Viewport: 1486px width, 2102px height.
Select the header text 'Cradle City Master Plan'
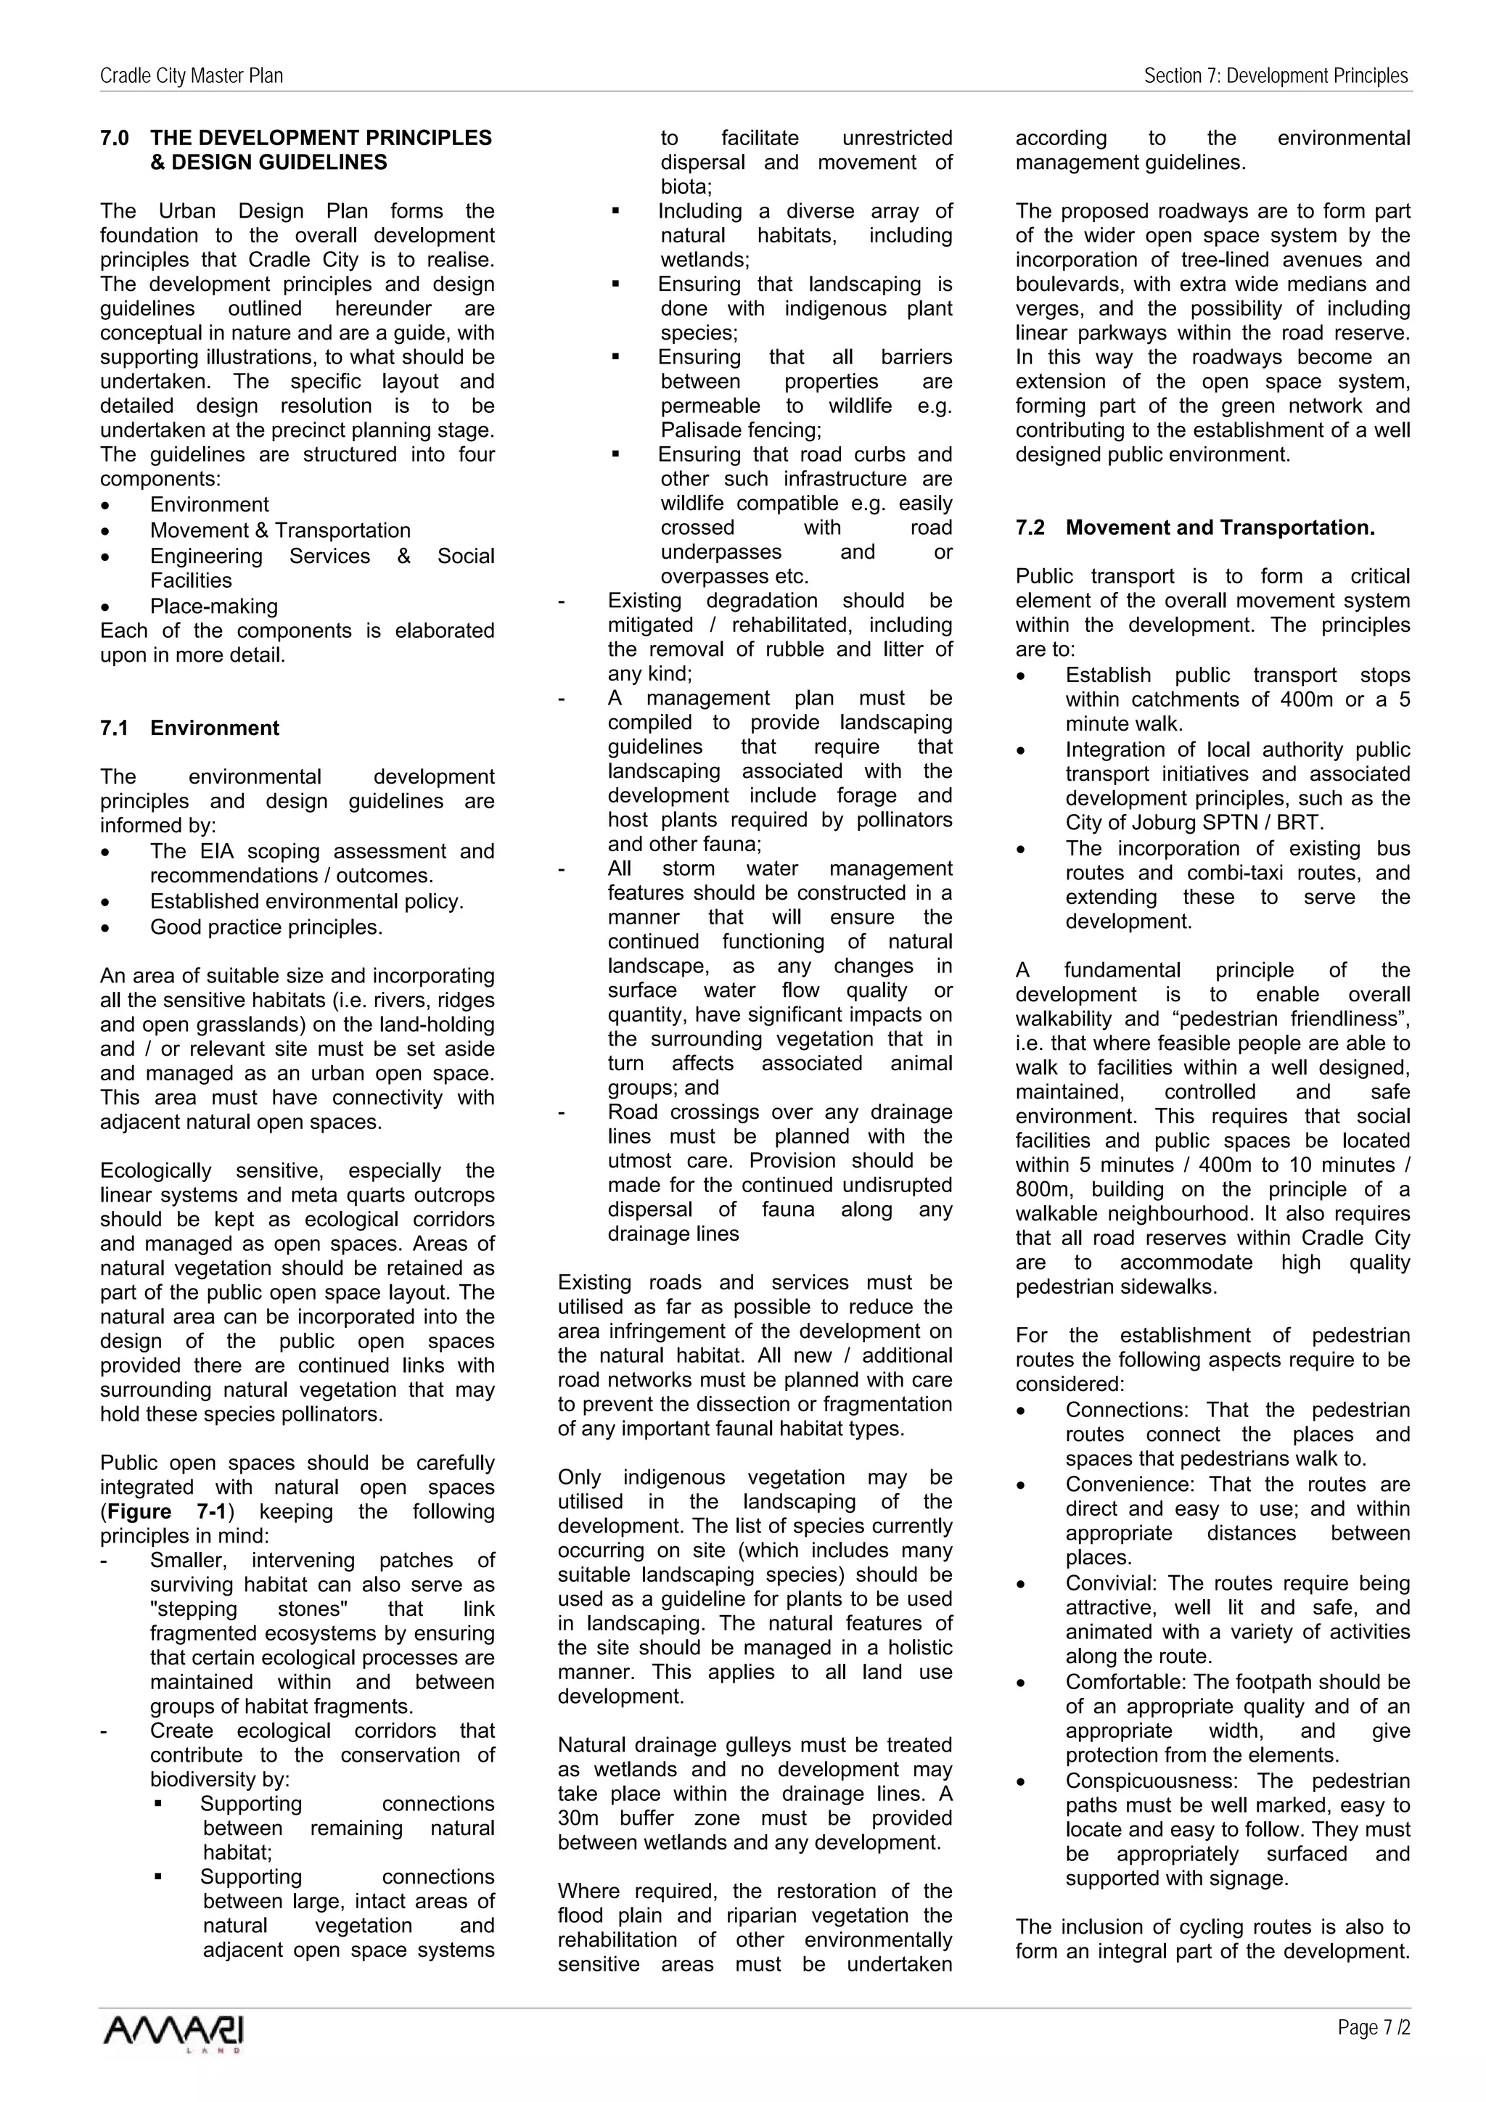click(x=192, y=76)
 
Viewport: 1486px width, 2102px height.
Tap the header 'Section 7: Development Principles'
click(x=1276, y=76)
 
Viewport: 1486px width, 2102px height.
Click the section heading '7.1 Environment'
click(x=189, y=728)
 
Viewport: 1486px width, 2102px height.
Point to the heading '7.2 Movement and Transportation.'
click(x=1195, y=527)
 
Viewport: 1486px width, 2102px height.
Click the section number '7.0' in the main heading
click(x=115, y=139)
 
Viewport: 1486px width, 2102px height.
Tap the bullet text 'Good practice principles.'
click(x=266, y=927)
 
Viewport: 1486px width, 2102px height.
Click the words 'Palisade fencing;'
click(x=741, y=430)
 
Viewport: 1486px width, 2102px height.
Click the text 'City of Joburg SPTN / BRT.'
click(x=1194, y=822)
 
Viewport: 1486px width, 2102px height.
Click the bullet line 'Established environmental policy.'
click(x=307, y=901)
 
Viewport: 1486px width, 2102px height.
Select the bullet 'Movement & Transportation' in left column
click(x=280, y=530)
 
